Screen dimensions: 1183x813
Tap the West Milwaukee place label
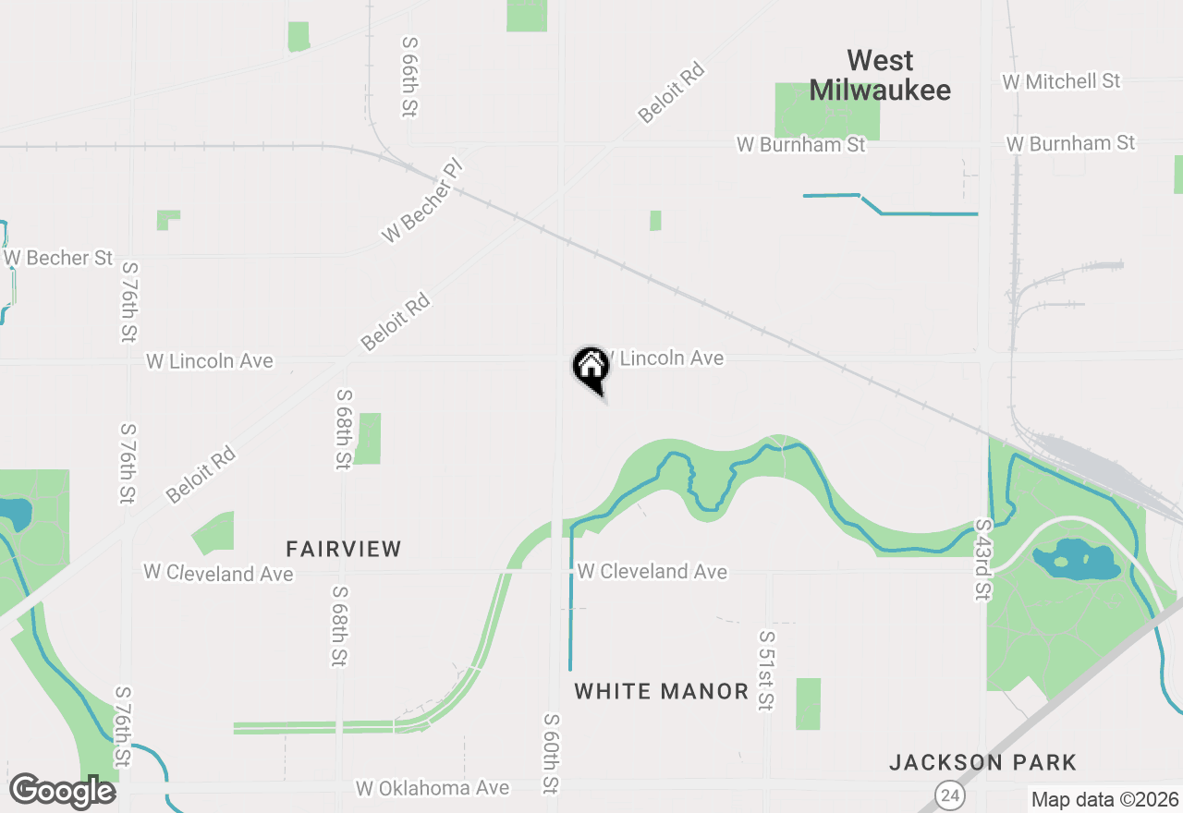click(x=880, y=76)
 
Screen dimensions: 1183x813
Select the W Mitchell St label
click(x=1061, y=81)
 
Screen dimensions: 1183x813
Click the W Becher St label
click(x=59, y=258)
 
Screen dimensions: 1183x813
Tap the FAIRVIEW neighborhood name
click(x=344, y=549)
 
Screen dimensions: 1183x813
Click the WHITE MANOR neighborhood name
click(x=661, y=691)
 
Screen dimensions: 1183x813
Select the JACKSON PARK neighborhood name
click(x=982, y=762)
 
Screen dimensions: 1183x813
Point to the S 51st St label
click(x=765, y=671)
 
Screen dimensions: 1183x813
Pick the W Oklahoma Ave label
click(x=433, y=788)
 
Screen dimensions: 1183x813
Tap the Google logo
click(x=62, y=792)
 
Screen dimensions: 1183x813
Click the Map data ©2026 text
click(x=1104, y=799)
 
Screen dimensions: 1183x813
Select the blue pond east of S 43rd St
click(x=1074, y=560)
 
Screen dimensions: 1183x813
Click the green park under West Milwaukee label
click(x=826, y=112)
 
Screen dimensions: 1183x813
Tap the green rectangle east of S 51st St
click(x=808, y=703)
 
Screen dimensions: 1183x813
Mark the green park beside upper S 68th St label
click(x=368, y=438)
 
